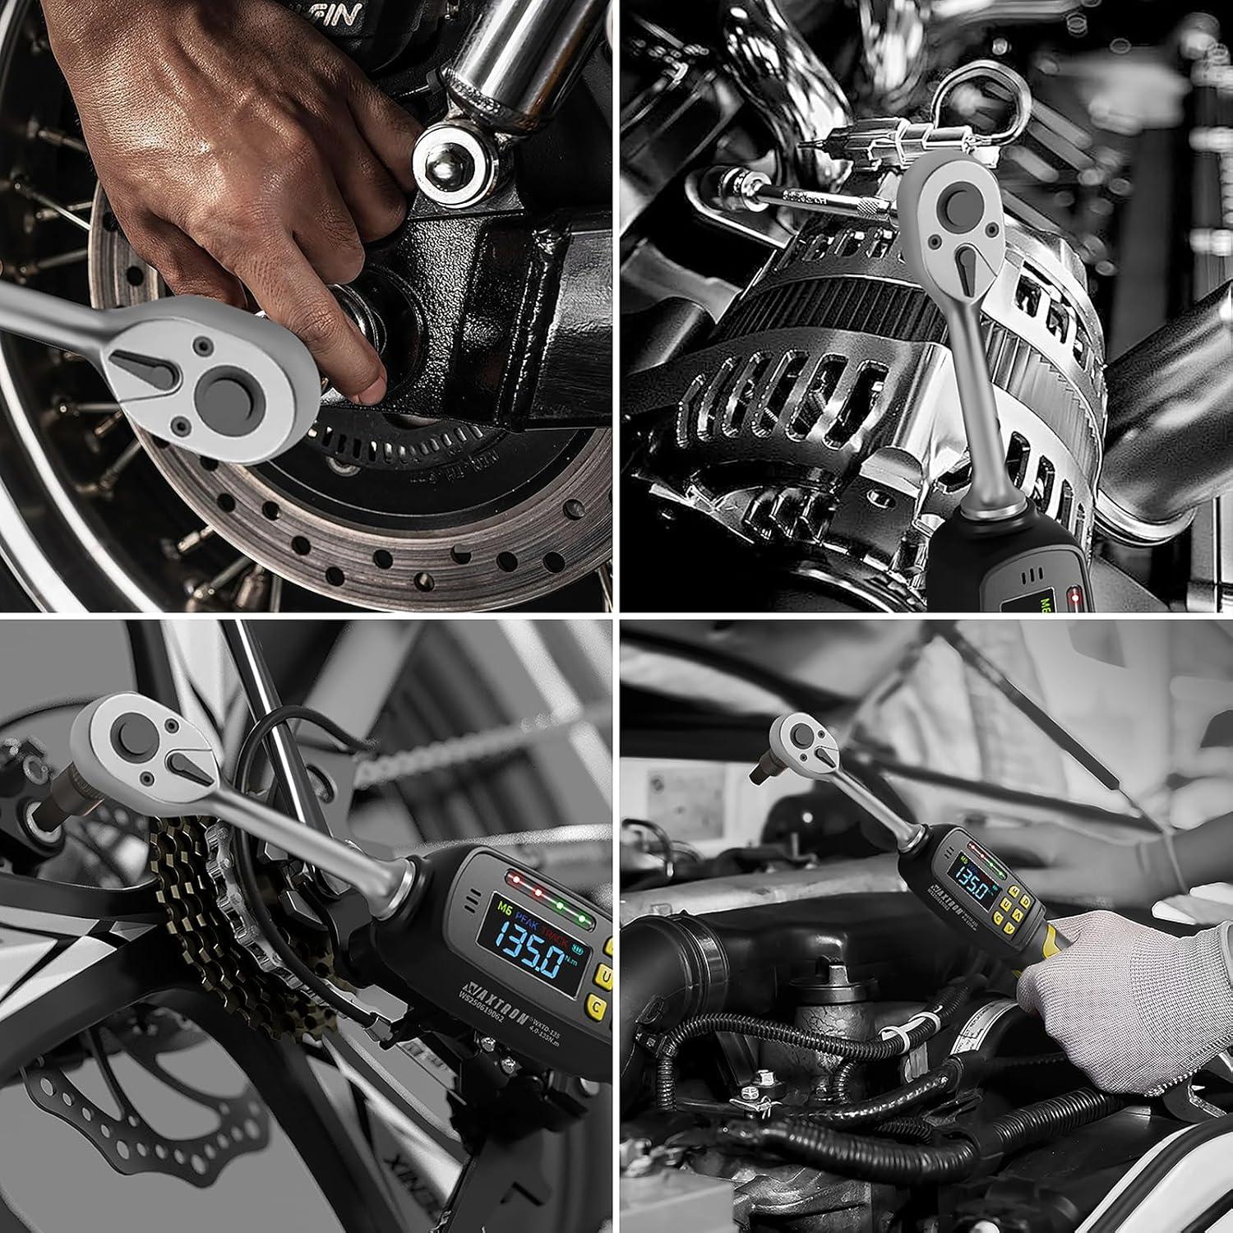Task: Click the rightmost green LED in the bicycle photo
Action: point(581,918)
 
